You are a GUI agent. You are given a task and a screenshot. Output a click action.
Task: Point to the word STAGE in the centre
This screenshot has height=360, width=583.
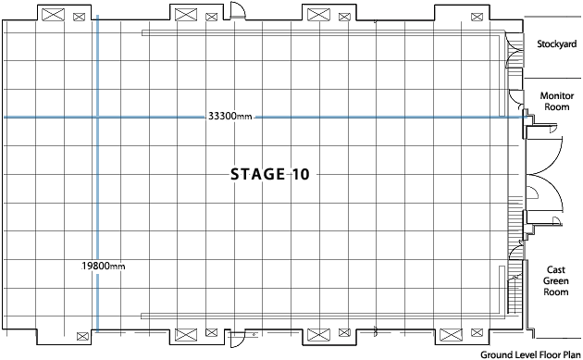tap(256, 174)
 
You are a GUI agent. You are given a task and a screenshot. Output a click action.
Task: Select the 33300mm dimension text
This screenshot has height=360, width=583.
tap(230, 118)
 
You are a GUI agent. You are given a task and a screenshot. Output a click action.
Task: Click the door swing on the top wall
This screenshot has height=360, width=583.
tap(237, 12)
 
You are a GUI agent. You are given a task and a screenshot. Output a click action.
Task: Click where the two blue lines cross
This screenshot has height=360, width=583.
tap(97, 118)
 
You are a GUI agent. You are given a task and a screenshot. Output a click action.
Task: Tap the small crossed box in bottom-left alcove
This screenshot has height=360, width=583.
tap(78, 335)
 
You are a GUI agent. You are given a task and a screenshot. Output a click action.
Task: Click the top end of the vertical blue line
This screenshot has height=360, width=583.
tap(97, 14)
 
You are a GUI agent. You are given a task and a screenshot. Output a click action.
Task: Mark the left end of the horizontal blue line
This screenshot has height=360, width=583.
tap(4, 118)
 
